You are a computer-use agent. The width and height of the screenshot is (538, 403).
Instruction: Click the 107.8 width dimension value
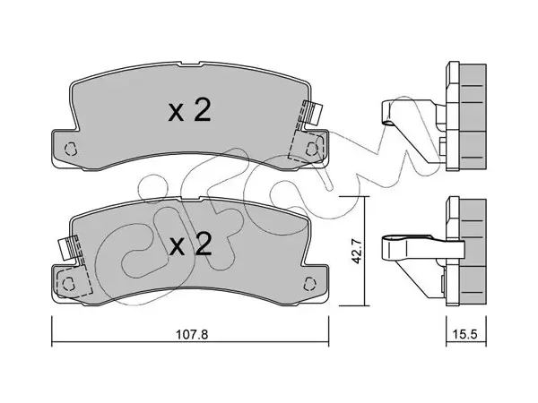pos(192,334)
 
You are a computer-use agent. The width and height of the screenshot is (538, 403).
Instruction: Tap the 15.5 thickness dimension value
pos(466,334)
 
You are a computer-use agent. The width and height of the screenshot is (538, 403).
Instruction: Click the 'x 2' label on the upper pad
pos(189,110)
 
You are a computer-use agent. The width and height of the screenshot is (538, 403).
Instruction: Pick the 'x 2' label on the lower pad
pos(190,244)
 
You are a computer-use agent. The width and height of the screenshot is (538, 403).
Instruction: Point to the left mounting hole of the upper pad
pos(71,149)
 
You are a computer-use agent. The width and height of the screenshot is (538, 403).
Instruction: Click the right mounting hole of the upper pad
pos(311,148)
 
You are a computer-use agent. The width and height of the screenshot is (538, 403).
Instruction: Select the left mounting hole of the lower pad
pos(69,283)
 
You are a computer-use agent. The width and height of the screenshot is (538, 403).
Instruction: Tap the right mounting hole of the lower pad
pos(310,283)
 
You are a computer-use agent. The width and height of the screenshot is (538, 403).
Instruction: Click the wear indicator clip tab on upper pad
pos(315,114)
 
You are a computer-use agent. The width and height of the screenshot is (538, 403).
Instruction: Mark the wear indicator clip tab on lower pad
pos(65,247)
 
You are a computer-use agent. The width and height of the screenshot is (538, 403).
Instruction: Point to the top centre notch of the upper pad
pos(190,64)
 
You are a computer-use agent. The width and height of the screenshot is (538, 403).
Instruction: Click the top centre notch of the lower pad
pos(190,199)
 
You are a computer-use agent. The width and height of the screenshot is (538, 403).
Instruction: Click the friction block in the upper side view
pos(473,116)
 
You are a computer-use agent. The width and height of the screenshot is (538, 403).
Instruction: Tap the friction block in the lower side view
pos(473,252)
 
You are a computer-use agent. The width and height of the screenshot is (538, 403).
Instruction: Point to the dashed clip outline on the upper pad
pos(306,137)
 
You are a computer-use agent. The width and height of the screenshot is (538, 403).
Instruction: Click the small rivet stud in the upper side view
pos(443,146)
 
